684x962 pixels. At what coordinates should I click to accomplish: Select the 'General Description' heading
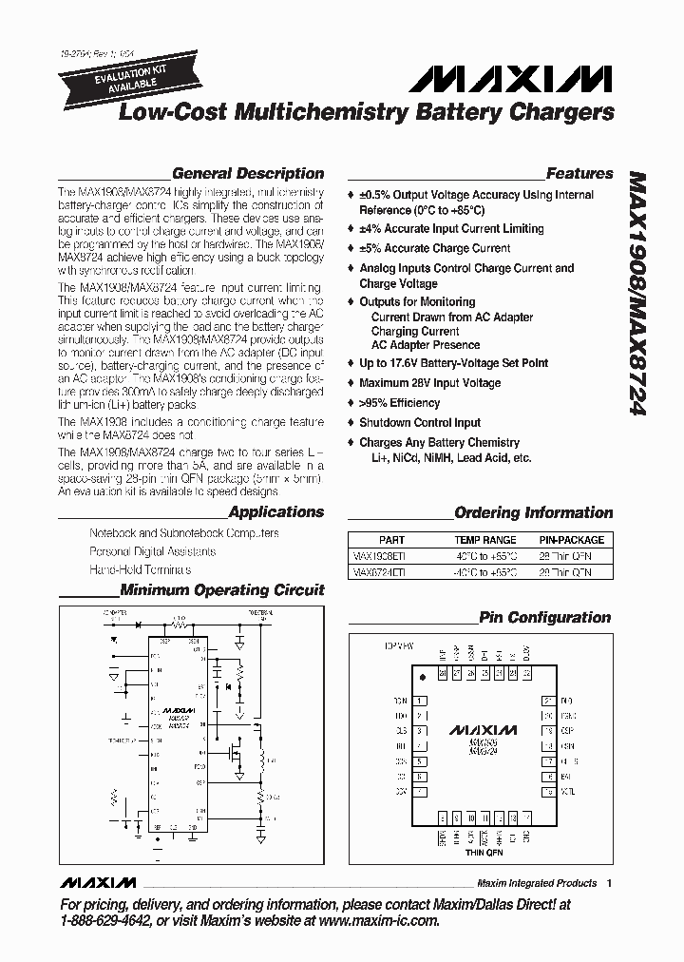(x=248, y=174)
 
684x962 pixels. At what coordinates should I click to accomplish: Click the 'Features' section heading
(x=579, y=174)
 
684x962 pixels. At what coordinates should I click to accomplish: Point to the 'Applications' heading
(x=276, y=512)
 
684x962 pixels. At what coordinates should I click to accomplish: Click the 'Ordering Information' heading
(x=534, y=513)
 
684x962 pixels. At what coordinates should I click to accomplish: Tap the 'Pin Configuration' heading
(x=545, y=618)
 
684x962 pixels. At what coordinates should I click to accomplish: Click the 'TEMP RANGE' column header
(x=484, y=540)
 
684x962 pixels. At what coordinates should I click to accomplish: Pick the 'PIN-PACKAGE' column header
(x=572, y=540)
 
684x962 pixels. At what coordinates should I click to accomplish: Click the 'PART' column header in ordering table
(x=391, y=540)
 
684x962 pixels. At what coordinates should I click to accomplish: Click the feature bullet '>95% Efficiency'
(x=399, y=403)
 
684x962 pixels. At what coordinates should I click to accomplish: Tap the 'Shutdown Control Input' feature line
(x=419, y=423)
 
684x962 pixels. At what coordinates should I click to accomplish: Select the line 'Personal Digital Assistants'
(x=152, y=551)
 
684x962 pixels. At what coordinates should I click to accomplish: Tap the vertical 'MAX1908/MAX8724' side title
(x=637, y=295)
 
